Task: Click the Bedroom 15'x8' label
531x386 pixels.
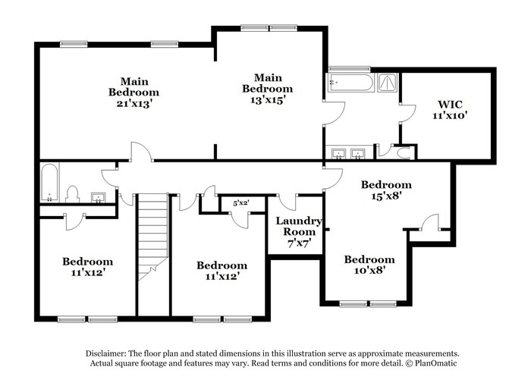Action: point(385,190)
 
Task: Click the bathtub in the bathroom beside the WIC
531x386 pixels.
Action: point(350,83)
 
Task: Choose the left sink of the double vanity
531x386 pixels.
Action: point(338,154)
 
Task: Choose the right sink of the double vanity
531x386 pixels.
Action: point(358,154)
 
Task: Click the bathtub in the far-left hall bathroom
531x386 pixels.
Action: point(49,183)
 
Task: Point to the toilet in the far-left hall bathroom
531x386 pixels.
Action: point(73,195)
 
